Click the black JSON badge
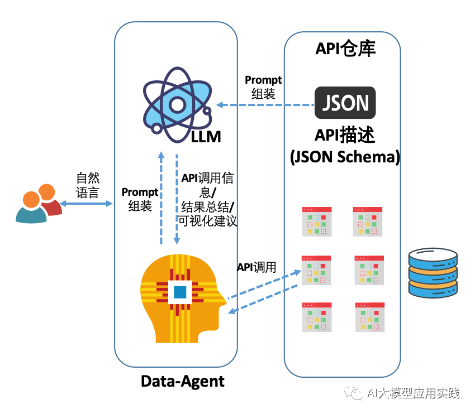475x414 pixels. [345, 103]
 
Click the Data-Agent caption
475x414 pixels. [182, 382]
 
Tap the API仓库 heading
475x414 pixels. [345, 49]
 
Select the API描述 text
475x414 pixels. [345, 136]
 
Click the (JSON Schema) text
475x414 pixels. [345, 157]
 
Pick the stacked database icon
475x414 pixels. [433, 273]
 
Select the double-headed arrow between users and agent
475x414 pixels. [87, 204]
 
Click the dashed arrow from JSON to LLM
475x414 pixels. [265, 105]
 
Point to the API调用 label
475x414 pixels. [256, 267]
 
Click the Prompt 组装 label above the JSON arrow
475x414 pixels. [263, 87]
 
